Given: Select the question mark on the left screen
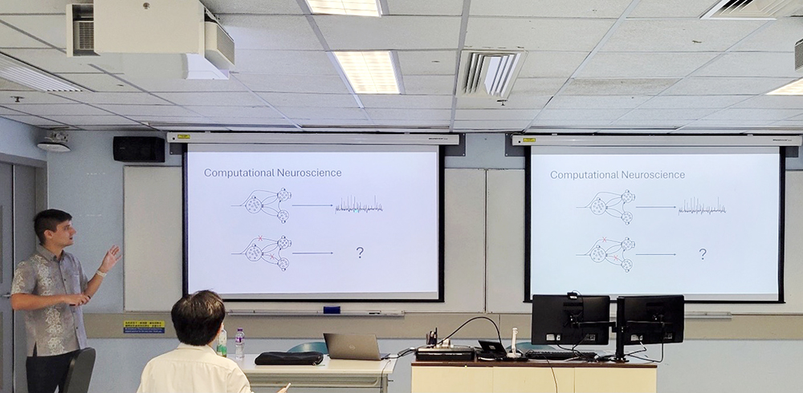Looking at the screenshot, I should (360, 253).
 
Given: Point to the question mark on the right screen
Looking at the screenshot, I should (703, 254).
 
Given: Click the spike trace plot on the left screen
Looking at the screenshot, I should (359, 205).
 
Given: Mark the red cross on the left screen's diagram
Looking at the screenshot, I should (260, 237).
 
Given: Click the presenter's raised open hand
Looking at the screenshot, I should (111, 257).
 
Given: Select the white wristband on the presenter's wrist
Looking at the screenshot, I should (101, 273).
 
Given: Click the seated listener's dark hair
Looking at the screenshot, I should (198, 318).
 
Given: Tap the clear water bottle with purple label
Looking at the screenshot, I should (239, 343).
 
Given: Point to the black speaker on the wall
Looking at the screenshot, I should (138, 149).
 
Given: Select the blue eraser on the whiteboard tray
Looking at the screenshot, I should (332, 310).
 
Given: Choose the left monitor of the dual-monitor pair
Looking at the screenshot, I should (570, 318).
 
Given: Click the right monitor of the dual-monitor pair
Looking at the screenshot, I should (650, 318).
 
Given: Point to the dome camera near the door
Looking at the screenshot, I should (54, 143).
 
